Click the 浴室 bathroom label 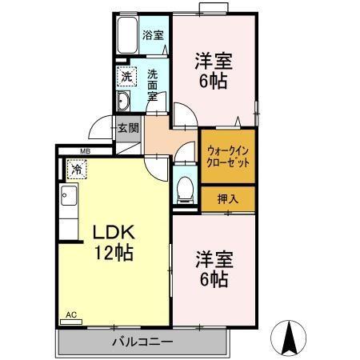[153, 34]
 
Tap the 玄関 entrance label [127, 127]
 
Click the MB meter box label [85, 150]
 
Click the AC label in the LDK [70, 314]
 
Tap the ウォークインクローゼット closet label [228, 155]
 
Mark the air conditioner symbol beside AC [70, 322]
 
